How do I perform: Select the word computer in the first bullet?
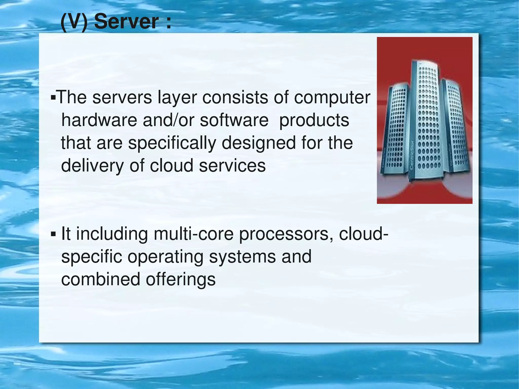point(332,98)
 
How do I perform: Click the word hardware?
point(99,120)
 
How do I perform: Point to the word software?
point(234,120)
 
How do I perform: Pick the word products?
point(314,121)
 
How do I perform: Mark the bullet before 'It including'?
point(53,234)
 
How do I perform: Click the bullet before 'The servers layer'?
point(53,97)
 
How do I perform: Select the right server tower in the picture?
point(456,127)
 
